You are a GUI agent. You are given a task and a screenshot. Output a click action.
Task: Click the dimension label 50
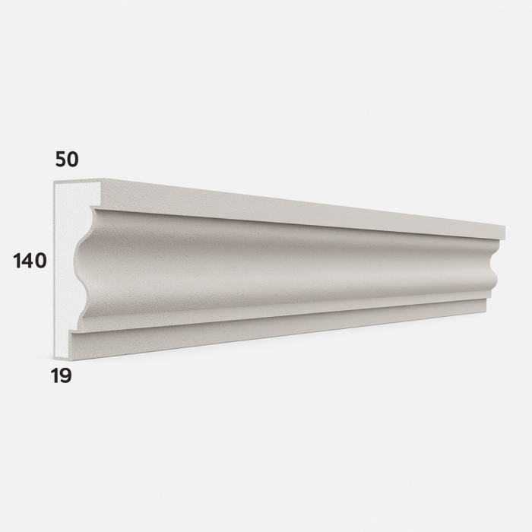pos(67,159)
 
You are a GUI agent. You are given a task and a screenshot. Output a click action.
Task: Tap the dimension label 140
pos(30,261)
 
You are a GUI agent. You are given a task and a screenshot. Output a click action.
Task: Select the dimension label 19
pos(62,375)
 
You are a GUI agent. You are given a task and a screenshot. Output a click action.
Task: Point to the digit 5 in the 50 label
pos(59,159)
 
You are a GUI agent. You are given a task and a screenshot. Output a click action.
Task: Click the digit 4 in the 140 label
pos(30,261)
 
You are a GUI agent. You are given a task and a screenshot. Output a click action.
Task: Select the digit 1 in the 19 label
pos(55,375)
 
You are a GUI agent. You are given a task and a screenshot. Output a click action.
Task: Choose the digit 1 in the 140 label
pos(18,261)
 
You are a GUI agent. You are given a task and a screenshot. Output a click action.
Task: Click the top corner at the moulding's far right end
pos(505,226)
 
